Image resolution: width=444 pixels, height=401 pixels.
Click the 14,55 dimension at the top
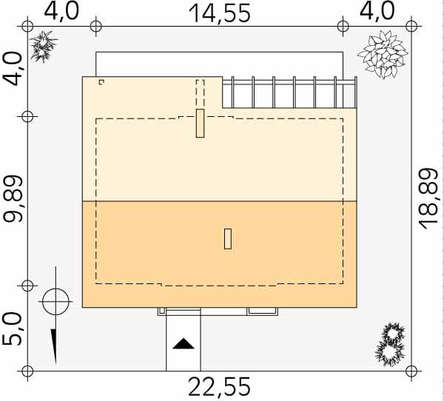point(220,13)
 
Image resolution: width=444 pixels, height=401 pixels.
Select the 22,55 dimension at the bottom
point(220,387)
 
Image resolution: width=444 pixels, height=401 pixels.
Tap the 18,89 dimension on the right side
point(428,199)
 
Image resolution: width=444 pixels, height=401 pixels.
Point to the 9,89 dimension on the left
point(13,199)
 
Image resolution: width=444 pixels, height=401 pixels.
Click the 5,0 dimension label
point(12,329)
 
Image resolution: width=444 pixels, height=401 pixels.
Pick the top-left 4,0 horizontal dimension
point(61,11)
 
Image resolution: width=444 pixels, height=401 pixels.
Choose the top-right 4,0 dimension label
point(377,11)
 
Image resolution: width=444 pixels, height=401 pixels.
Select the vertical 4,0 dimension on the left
point(13,69)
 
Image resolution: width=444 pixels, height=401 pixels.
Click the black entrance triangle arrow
point(184,343)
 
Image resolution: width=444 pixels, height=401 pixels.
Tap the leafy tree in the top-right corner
point(383,55)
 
